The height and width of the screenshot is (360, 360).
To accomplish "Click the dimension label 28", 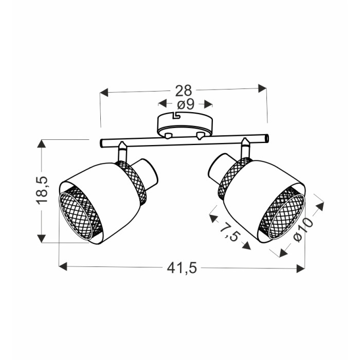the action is (184, 91).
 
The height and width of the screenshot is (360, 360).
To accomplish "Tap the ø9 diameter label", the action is (186, 105).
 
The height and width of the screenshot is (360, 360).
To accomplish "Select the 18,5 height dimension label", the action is (42, 190).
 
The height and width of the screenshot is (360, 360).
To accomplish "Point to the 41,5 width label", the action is (182, 268).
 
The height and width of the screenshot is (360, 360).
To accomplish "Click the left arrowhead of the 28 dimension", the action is (104, 93).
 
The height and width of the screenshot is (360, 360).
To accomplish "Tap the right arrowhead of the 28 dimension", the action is (262, 88).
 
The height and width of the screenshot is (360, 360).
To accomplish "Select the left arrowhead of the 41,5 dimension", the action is (63, 266).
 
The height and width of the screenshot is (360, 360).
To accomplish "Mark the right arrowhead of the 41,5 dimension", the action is (300, 268).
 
